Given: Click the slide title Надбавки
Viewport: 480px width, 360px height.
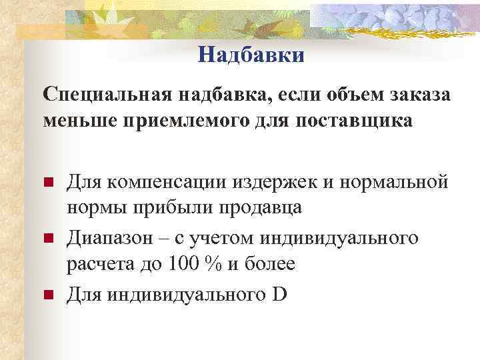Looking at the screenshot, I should click(251, 55).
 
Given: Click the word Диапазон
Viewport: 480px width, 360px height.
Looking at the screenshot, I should click(112, 237).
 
